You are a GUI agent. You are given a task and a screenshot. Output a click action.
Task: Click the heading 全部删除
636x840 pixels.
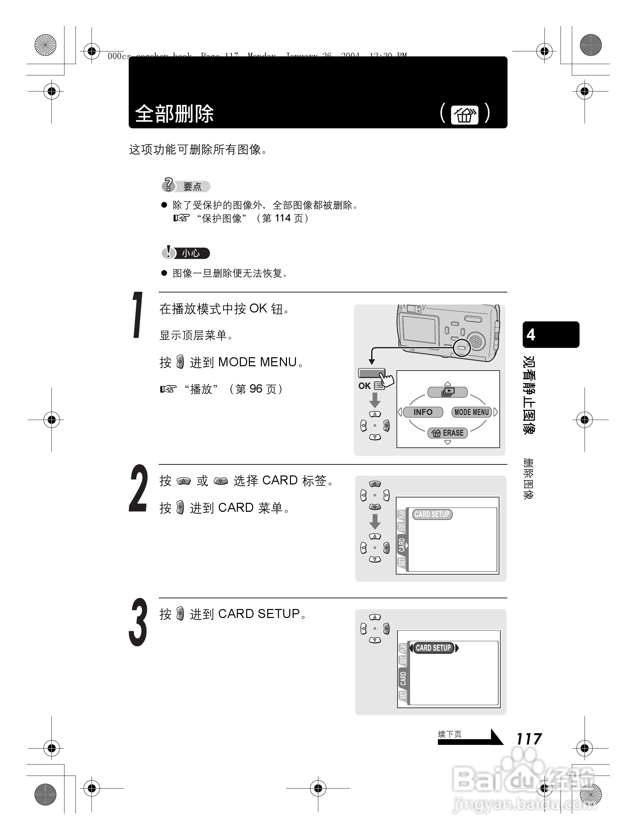coord(174,114)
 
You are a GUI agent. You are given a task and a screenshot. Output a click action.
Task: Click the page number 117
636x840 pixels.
coord(528,739)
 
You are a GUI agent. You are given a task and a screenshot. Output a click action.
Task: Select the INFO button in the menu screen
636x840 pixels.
coord(423,412)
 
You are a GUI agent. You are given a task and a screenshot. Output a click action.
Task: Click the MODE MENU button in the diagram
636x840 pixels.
coord(472,412)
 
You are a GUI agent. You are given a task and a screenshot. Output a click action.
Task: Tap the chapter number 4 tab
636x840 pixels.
coord(550,335)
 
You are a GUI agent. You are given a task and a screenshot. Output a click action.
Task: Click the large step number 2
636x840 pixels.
coord(138,489)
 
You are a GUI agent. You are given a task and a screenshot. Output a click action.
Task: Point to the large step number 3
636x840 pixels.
coord(138,623)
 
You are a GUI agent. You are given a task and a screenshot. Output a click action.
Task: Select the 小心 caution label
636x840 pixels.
coord(191,253)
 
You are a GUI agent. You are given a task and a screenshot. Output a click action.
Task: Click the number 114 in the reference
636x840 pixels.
coord(283,218)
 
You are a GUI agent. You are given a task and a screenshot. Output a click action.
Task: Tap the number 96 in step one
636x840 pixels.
coord(256,389)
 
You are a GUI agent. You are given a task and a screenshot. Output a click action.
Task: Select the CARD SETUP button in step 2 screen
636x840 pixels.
coord(432,514)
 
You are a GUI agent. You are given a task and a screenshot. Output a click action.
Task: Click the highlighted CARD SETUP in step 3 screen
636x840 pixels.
coord(433,648)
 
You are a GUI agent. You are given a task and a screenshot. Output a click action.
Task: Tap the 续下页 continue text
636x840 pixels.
coord(450,734)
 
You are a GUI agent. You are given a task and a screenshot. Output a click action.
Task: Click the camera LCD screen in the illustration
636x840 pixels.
coord(419,329)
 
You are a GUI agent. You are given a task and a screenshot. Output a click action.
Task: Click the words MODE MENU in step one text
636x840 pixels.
coord(257,362)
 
